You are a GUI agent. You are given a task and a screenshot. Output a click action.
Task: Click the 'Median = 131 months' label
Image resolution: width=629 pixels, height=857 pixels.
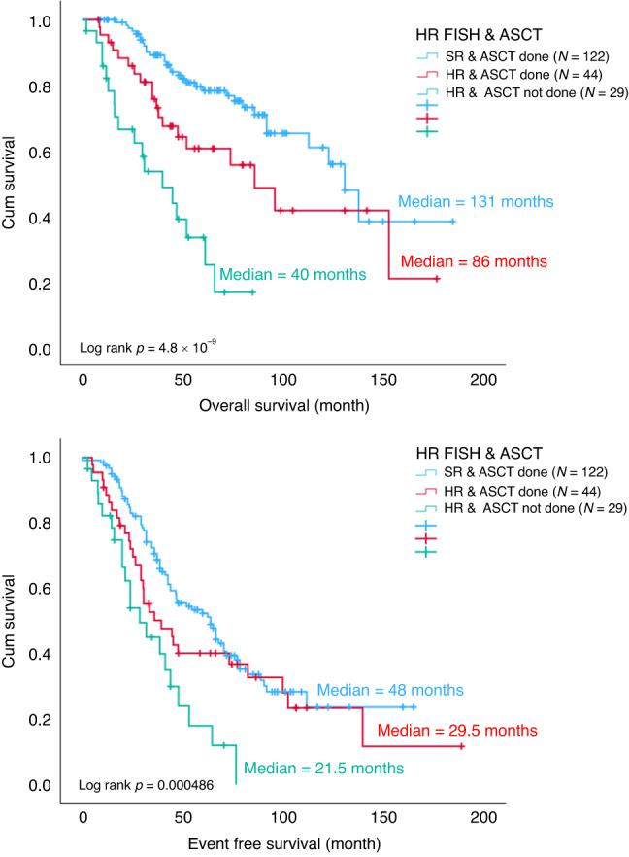click(x=475, y=202)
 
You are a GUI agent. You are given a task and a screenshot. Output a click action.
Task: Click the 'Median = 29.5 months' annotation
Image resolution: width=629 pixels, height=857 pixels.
click(x=456, y=729)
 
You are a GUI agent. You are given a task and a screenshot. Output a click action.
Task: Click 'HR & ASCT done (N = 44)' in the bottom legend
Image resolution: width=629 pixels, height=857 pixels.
click(x=514, y=490)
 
